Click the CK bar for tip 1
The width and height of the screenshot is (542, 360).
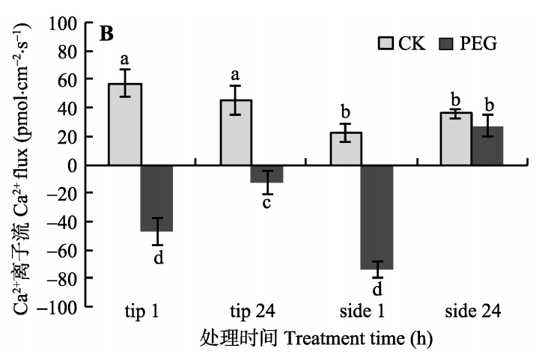125,124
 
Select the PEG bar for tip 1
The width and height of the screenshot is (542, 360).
157,198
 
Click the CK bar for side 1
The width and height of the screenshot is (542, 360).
345,149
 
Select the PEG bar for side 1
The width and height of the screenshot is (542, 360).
377,217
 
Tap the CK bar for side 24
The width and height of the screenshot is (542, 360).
455,139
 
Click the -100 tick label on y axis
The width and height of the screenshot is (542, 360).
61,307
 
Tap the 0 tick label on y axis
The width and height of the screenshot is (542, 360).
76,165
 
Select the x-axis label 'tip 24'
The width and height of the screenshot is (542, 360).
251,311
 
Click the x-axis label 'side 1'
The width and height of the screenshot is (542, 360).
361,311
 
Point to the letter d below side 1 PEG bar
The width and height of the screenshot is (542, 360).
377,288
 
